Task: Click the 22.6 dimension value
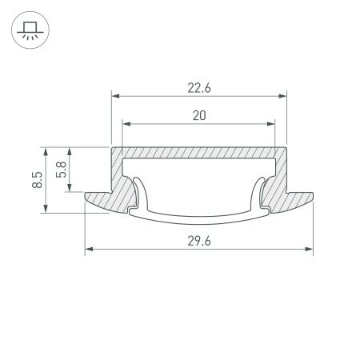[x=199, y=90]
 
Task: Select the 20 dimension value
[x=199, y=115]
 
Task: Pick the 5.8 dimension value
[x=62, y=170]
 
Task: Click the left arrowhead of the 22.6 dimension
[x=114, y=98]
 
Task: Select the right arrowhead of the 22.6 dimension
[x=282, y=98]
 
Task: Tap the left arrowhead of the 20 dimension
[x=126, y=123]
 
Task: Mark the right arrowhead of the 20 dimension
[x=271, y=123]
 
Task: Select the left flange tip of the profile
[x=86, y=196]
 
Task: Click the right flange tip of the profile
[x=310, y=196]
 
